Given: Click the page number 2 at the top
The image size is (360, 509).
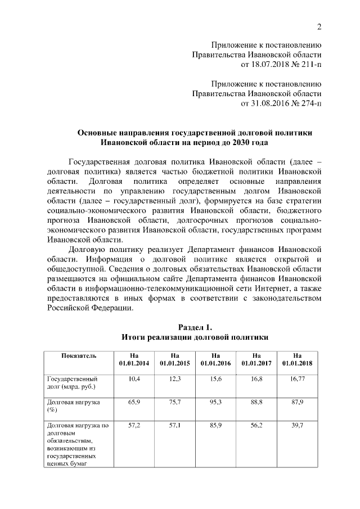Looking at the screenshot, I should coord(319,27).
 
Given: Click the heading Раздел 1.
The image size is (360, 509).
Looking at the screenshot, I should coord(195,327).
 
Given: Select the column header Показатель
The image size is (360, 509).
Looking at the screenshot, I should coord(79,355).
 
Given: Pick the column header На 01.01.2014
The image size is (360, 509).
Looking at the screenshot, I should coord(134,359).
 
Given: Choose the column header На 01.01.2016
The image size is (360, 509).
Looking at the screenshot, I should coord(215,359).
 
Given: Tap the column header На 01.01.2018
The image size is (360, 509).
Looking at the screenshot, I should coord(297,359).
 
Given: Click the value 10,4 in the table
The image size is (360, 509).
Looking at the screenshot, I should coord(134,380).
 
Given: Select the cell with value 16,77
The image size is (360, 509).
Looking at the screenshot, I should coord(297,380).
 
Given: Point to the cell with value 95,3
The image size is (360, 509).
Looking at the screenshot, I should coord(215,403).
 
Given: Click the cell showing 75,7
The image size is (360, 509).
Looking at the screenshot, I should coord(174,403).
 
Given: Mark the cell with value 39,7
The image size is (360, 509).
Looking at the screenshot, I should coord(297,426).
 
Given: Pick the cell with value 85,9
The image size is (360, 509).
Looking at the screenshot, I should coord(215,426).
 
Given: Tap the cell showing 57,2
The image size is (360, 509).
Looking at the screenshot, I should coord(134,426).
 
